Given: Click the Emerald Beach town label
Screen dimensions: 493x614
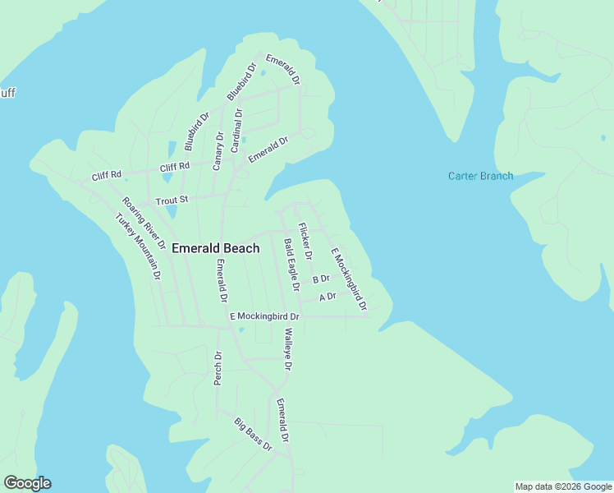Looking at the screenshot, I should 216,248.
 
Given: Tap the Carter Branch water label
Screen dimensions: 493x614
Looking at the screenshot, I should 480,176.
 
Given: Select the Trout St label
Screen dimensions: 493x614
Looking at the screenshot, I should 172,200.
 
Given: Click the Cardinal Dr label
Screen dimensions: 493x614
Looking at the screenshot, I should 237,130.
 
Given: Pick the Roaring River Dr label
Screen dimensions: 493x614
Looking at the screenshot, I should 144,223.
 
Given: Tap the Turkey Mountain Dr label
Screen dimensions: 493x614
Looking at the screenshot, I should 137,246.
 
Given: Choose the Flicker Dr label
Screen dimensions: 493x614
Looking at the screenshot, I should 305,242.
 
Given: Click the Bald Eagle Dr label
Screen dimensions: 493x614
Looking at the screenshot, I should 291,265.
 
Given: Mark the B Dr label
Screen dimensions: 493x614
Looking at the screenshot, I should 321,279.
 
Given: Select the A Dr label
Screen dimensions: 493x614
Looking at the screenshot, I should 328,297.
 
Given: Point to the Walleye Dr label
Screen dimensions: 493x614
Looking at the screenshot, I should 288,349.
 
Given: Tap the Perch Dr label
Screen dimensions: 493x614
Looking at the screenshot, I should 218,368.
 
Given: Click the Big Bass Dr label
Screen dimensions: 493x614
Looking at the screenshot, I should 253,435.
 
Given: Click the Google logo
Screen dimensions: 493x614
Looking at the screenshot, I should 27,483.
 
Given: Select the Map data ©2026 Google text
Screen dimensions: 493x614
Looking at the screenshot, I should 563,486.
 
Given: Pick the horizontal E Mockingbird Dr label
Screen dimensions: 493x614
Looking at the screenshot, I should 264,316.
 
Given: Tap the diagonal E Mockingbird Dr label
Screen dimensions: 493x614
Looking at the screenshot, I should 349,279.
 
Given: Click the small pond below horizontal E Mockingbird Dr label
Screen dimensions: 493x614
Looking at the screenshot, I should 241,330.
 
